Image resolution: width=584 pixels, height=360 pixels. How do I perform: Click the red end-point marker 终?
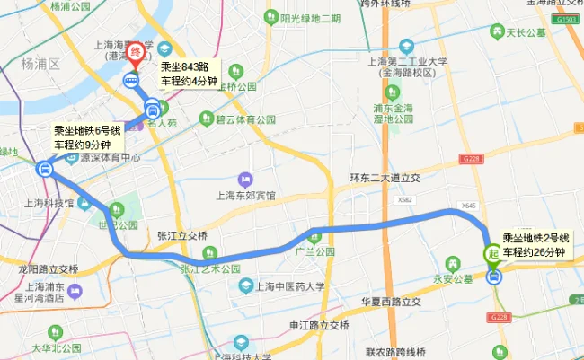[135, 55]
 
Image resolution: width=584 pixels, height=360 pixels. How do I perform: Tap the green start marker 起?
[493, 254]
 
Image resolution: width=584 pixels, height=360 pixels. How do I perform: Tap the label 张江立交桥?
[182, 235]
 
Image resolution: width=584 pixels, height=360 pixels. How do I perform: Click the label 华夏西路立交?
[391, 302]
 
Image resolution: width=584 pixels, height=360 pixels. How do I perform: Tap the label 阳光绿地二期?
[310, 18]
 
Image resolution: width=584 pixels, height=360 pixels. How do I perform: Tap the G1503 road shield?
[567, 18]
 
